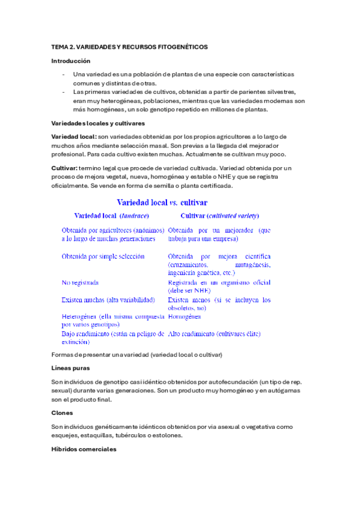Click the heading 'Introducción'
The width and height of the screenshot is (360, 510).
(x=70, y=61)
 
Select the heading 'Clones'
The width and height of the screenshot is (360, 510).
(x=63, y=413)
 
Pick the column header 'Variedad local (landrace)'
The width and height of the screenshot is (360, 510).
(x=111, y=215)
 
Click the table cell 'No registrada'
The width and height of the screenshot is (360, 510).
(x=80, y=282)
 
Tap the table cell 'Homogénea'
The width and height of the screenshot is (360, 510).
(x=185, y=316)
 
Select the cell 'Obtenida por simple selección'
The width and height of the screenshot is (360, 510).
(x=103, y=256)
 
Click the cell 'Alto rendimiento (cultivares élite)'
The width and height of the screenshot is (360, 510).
(x=214, y=333)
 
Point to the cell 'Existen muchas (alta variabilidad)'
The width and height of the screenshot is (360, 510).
(x=109, y=300)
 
